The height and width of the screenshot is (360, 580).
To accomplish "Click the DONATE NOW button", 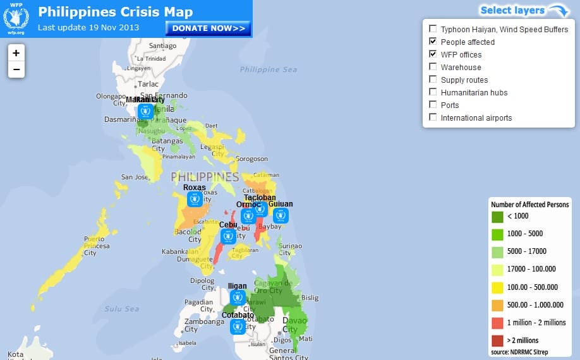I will click(208, 28).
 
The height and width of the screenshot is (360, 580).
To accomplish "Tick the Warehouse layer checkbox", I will click(433, 67).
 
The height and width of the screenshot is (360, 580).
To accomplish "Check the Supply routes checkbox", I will click(433, 80).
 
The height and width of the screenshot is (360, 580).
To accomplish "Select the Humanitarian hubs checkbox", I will click(433, 92).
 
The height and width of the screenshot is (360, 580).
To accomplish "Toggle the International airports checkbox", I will click(433, 117).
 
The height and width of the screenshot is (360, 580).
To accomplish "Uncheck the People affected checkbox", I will click(433, 42).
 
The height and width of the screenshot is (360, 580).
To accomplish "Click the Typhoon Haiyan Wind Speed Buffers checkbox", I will click(433, 29).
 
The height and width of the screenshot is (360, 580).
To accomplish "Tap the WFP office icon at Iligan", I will click(238, 297).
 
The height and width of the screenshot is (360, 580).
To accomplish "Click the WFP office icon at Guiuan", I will click(281, 215).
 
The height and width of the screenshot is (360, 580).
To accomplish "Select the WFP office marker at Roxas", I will click(195, 199).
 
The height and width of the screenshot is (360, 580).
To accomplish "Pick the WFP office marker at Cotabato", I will click(238, 327).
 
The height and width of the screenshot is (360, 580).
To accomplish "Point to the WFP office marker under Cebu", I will click(228, 236).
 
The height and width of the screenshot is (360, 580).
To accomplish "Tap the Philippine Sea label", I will click(268, 69).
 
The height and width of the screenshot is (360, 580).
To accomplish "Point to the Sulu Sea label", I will click(123, 309).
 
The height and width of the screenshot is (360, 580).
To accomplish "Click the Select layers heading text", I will click(512, 10).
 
